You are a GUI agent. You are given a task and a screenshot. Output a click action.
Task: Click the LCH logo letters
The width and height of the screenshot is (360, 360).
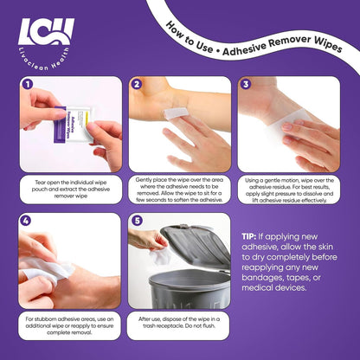click(x=46, y=31)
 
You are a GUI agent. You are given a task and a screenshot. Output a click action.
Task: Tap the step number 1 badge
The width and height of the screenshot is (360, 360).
click(x=28, y=84)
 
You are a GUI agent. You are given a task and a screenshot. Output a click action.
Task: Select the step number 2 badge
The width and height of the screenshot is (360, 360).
click(x=137, y=84)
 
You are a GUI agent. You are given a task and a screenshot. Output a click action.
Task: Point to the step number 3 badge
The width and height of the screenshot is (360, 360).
click(x=246, y=84)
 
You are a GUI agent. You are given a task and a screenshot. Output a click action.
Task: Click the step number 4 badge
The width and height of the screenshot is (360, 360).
click(x=26, y=221)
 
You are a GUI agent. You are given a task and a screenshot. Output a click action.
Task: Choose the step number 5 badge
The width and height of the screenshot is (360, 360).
click(x=137, y=221)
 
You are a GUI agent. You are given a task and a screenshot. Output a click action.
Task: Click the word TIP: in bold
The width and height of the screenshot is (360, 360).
click(x=249, y=237)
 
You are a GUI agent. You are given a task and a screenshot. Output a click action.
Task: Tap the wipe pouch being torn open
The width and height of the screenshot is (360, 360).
click(x=74, y=125)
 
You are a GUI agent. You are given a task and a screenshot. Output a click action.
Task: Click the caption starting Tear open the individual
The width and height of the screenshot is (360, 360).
click(x=71, y=190)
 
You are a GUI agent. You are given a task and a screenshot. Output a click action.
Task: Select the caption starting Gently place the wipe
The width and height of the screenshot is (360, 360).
click(x=179, y=190)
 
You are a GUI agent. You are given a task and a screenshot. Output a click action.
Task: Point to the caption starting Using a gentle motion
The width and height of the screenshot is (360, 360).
click(x=289, y=190)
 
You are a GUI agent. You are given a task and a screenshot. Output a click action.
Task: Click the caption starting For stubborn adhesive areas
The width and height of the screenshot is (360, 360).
click(x=69, y=325)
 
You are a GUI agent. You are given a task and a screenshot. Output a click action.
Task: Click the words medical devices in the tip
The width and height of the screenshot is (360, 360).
click(x=274, y=287)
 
